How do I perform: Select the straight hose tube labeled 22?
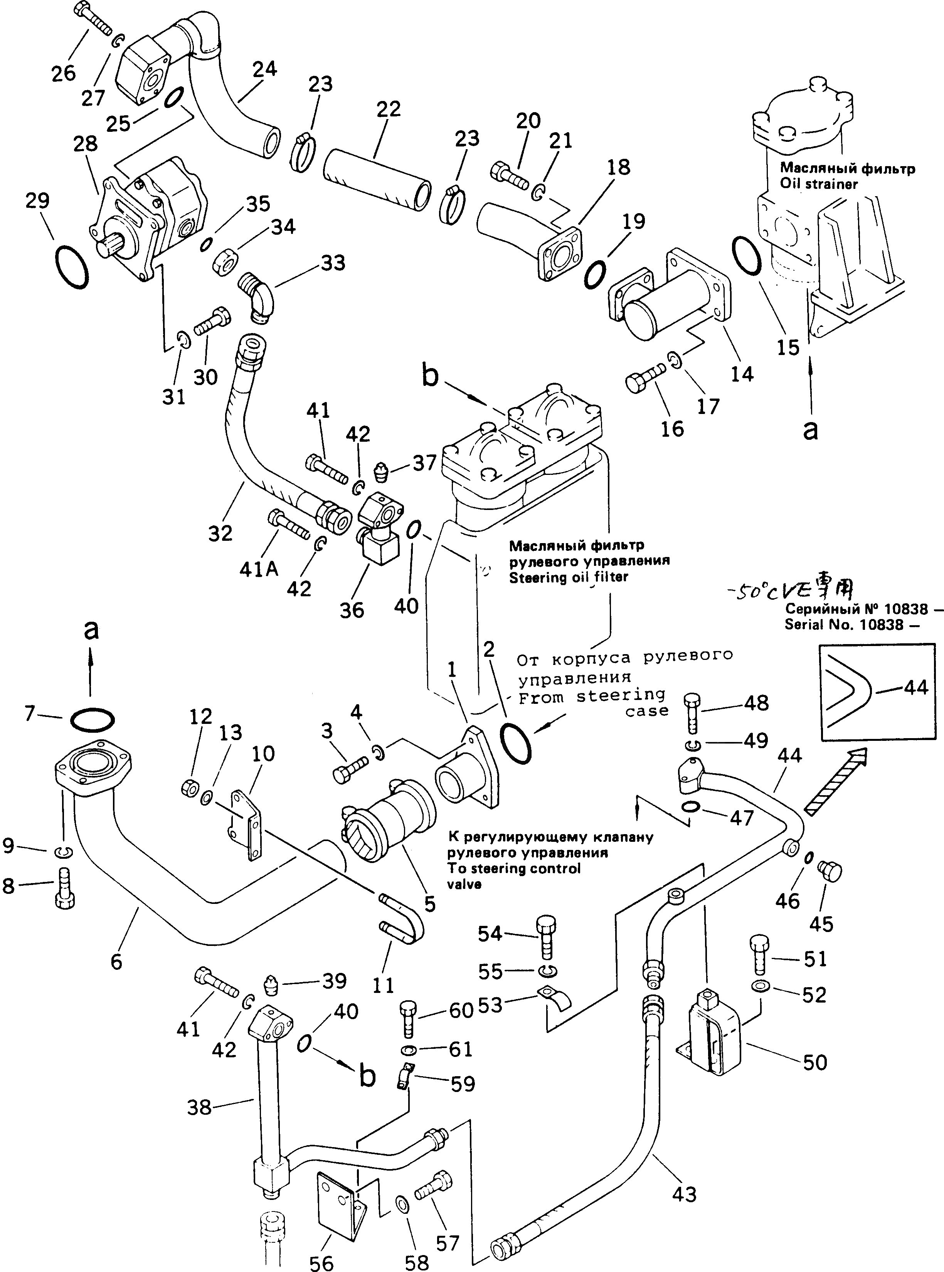pyautogui.click(x=377, y=181)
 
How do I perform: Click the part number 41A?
pyautogui.click(x=259, y=569)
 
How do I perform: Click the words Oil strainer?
pyautogui.click(x=819, y=185)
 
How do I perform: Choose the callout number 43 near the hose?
pyautogui.click(x=684, y=1194)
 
